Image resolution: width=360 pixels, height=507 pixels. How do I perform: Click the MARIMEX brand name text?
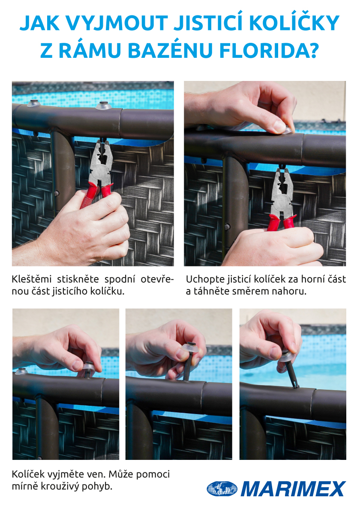pos(293,489)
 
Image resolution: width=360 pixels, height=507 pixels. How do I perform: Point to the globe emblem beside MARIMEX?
pos(222,489)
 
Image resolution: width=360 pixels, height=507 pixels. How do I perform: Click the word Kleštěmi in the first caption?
pos(32,279)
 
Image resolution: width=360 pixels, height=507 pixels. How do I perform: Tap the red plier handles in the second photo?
pos(281,223)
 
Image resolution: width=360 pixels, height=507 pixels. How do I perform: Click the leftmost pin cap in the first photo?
pos(33,104)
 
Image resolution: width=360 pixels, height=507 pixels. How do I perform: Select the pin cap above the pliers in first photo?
pos(104,105)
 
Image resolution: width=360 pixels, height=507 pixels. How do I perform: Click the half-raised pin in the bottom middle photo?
pos(188,361)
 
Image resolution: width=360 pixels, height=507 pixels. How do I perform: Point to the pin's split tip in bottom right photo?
pos(295,385)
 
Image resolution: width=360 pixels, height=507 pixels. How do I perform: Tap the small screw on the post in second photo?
pos(228,227)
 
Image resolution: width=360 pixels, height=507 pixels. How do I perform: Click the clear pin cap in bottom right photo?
pos(286,355)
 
